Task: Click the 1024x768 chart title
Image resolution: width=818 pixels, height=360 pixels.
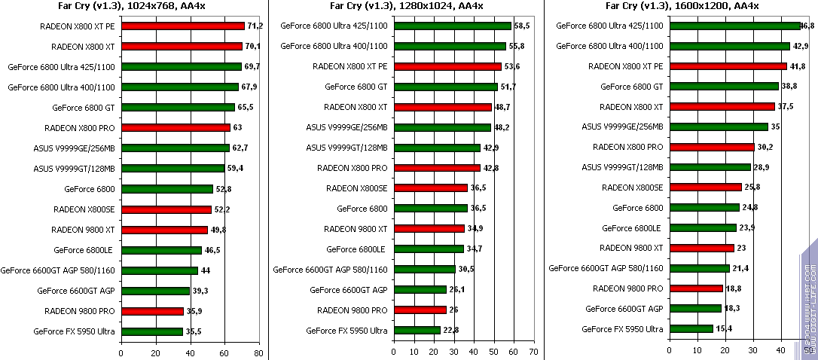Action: (133, 7)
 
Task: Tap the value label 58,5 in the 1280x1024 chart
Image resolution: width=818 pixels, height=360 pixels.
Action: (522, 26)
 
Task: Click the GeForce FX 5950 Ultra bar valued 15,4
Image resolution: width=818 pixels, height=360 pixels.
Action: (691, 329)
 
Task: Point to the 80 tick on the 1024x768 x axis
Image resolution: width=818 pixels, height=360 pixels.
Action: (258, 352)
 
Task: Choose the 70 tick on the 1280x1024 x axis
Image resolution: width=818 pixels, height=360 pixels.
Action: (533, 352)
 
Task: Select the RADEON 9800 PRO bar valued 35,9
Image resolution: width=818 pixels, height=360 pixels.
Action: (152, 310)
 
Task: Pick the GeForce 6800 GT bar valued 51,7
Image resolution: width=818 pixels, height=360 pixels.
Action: (445, 87)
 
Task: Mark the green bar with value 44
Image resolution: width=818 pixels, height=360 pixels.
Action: (159, 270)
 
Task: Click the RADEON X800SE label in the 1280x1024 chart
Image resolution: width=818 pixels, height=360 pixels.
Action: (356, 188)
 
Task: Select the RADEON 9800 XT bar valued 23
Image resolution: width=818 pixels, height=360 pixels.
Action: (701, 248)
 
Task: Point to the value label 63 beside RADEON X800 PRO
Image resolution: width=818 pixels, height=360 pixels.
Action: (238, 127)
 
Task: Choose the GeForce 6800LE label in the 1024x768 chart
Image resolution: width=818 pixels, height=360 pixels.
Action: (84, 249)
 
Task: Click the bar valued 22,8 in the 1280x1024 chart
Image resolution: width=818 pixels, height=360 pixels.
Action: (417, 330)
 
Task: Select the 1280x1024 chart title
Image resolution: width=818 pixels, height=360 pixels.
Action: (407, 7)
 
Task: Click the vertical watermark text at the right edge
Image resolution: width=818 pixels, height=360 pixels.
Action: (808, 301)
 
